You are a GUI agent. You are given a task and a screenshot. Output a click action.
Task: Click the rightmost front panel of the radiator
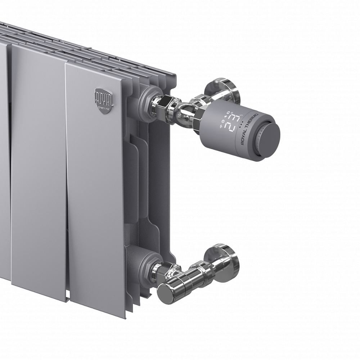[95, 187]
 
